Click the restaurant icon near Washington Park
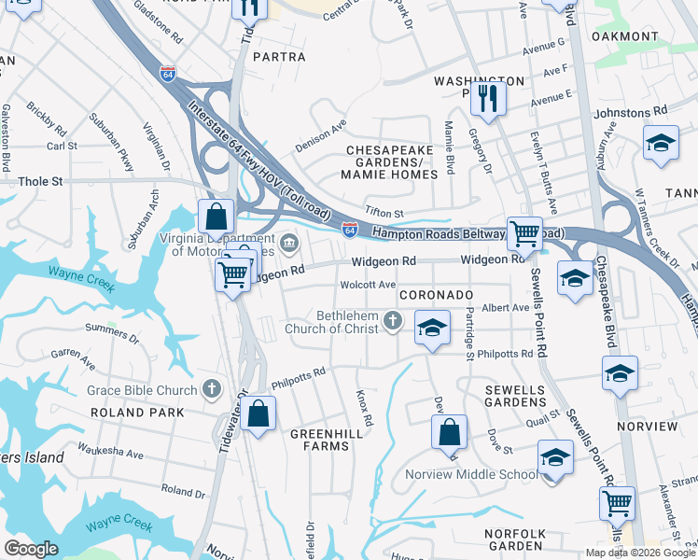coord(487,96)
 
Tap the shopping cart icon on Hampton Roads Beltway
coord(524,232)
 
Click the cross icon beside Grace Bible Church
coord(212,389)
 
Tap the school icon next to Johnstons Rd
coord(660,143)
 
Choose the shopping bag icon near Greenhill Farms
coord(258,412)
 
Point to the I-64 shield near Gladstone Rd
coord(168,72)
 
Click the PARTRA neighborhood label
coord(279,57)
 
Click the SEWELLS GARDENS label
coord(514,395)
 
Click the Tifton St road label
coord(384,214)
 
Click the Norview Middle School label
coord(471,474)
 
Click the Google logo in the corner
coord(32,548)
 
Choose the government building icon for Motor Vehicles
coord(290,245)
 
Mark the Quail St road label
coord(541,421)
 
